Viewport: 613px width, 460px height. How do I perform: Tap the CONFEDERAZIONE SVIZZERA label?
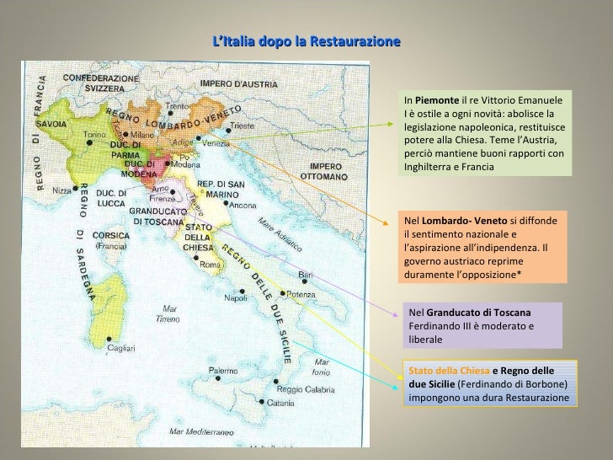point(99,83)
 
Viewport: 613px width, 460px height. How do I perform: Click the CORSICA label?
point(109,238)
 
